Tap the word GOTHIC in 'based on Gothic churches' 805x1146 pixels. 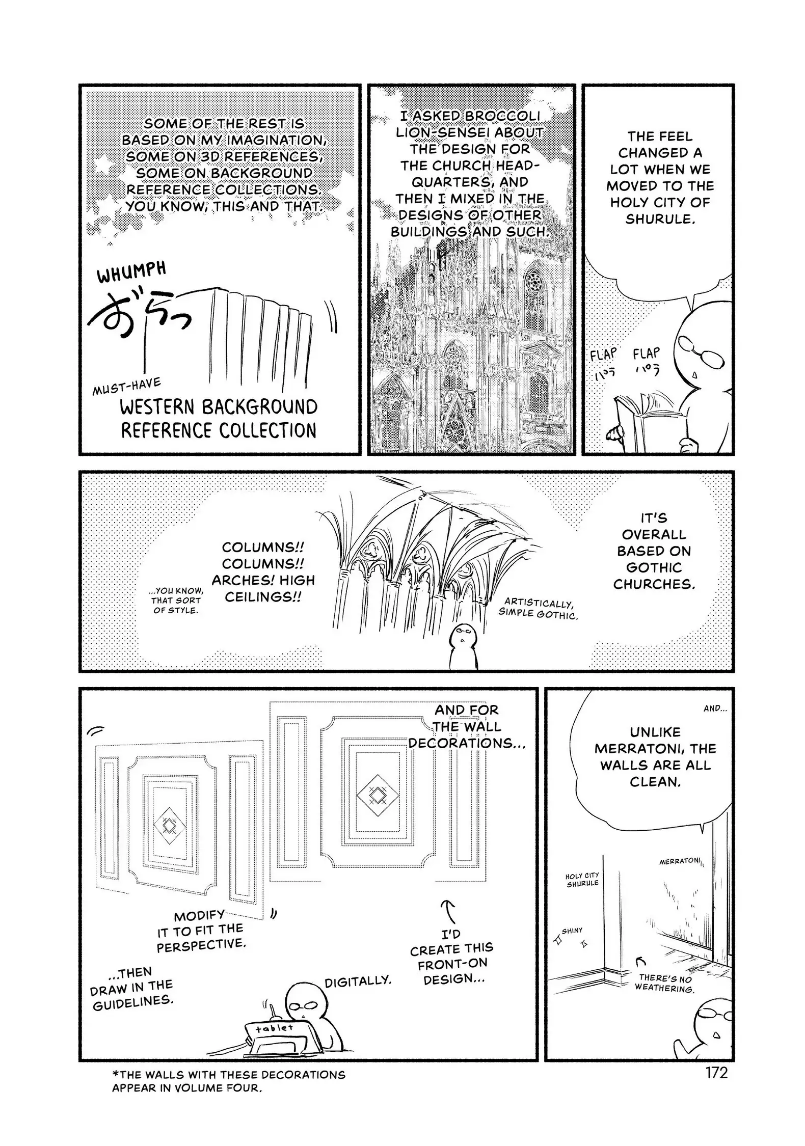point(654,567)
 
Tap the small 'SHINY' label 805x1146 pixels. point(572,931)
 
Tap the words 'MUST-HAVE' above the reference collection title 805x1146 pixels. point(127,387)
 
